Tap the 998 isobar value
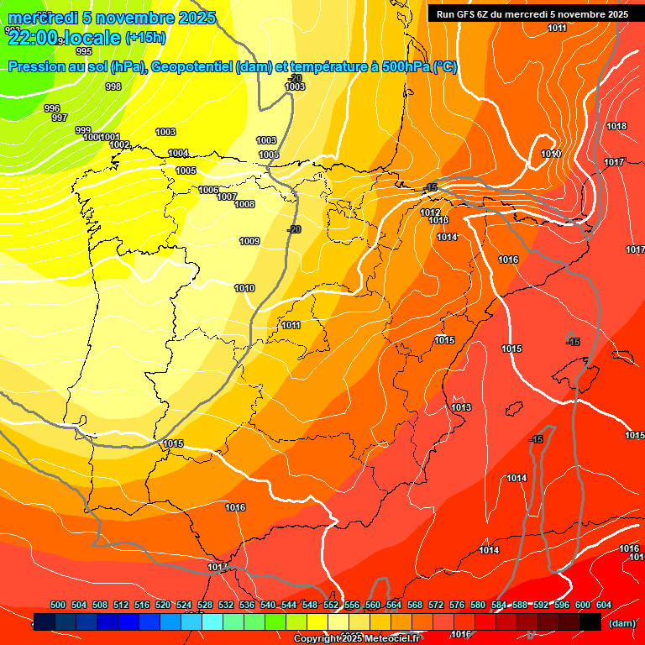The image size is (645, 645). (x=113, y=87)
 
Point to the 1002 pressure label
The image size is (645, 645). (x=119, y=144)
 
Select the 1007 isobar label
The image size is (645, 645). (x=227, y=197)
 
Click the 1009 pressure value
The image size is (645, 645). (x=249, y=241)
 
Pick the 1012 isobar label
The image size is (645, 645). (x=430, y=212)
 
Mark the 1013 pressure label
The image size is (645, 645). (x=461, y=407)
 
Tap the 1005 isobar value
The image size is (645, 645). (x=186, y=170)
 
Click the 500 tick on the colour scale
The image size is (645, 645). (x=58, y=605)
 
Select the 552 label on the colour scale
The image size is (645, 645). (x=331, y=605)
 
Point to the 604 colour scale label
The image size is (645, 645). (x=604, y=605)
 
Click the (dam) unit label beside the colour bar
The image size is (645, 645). (x=622, y=623)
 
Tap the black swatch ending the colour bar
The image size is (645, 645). (x=590, y=622)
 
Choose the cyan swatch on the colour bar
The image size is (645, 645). (x=212, y=622)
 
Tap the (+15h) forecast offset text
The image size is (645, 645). (x=145, y=37)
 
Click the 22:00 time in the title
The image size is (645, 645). (x=34, y=37)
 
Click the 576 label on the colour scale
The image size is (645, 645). (x=457, y=605)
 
